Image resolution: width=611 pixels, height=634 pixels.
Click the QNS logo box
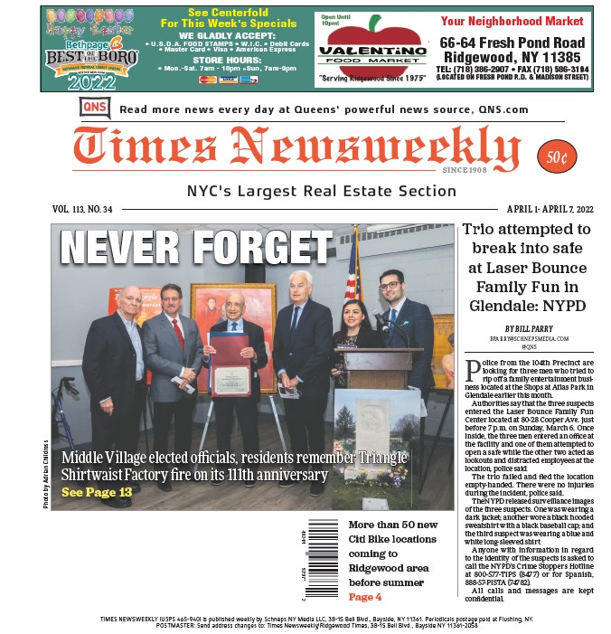click(x=95, y=109)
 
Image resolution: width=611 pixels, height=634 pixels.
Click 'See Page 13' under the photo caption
click(x=97, y=492)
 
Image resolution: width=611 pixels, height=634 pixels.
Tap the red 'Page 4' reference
click(x=365, y=597)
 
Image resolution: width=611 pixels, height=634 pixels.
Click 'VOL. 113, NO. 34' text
click(x=82, y=209)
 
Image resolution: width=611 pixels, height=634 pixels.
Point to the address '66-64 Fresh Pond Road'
click(x=512, y=43)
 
